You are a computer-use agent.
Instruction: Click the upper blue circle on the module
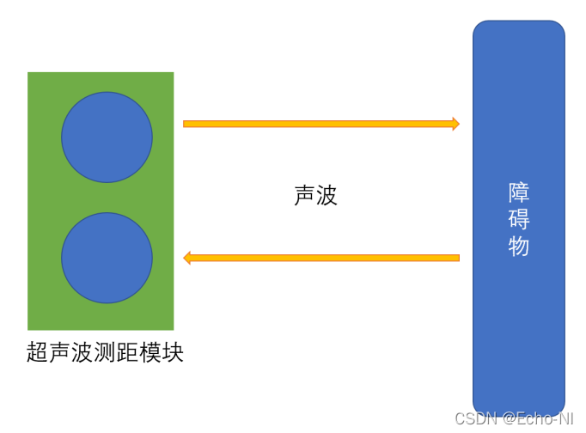point(107,137)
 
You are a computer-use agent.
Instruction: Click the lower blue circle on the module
point(107,258)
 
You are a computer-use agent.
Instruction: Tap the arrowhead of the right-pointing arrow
point(455,124)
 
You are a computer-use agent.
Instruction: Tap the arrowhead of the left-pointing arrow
point(188,258)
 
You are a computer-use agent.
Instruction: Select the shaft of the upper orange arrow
point(318,124)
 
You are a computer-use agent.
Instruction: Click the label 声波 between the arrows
point(315,196)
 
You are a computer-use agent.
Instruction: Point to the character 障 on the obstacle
point(519,192)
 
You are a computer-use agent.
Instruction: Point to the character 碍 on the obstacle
point(519,219)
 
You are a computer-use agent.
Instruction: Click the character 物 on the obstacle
point(519,247)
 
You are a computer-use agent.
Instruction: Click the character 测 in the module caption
point(106,352)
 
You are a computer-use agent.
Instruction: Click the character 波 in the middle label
point(327,196)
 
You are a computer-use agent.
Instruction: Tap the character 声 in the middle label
point(304,196)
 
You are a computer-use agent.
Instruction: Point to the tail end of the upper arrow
point(186,124)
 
